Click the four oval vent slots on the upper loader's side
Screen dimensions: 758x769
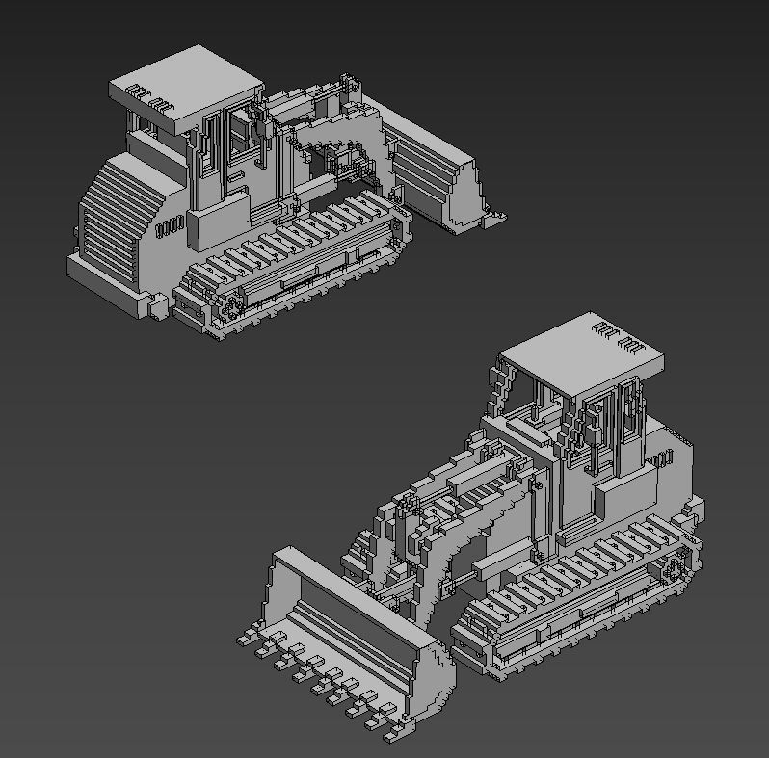point(169,228)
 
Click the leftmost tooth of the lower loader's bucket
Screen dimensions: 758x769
point(247,637)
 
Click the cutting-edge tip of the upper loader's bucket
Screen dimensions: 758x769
point(495,220)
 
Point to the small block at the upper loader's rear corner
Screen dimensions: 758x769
point(155,307)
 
